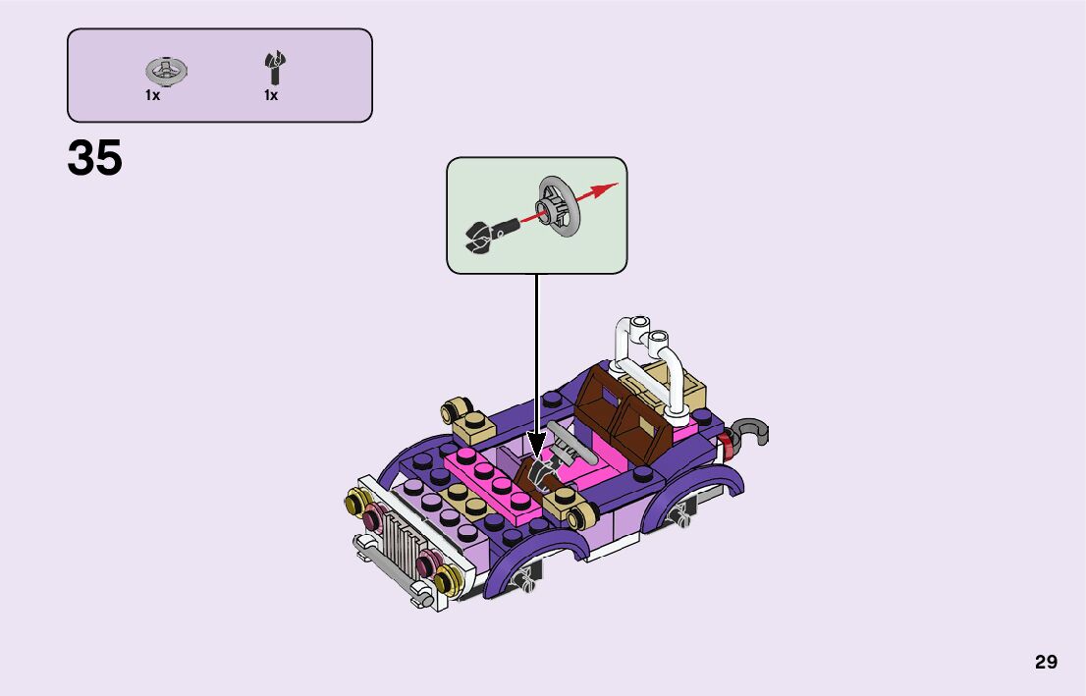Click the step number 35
tap(95, 159)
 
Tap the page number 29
tap(1046, 662)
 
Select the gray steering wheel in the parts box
tap(167, 70)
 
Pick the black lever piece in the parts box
tap(272, 67)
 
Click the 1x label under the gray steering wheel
tap(152, 96)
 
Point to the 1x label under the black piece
tap(271, 96)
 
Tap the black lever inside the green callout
tap(485, 236)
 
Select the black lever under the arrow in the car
tap(537, 475)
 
